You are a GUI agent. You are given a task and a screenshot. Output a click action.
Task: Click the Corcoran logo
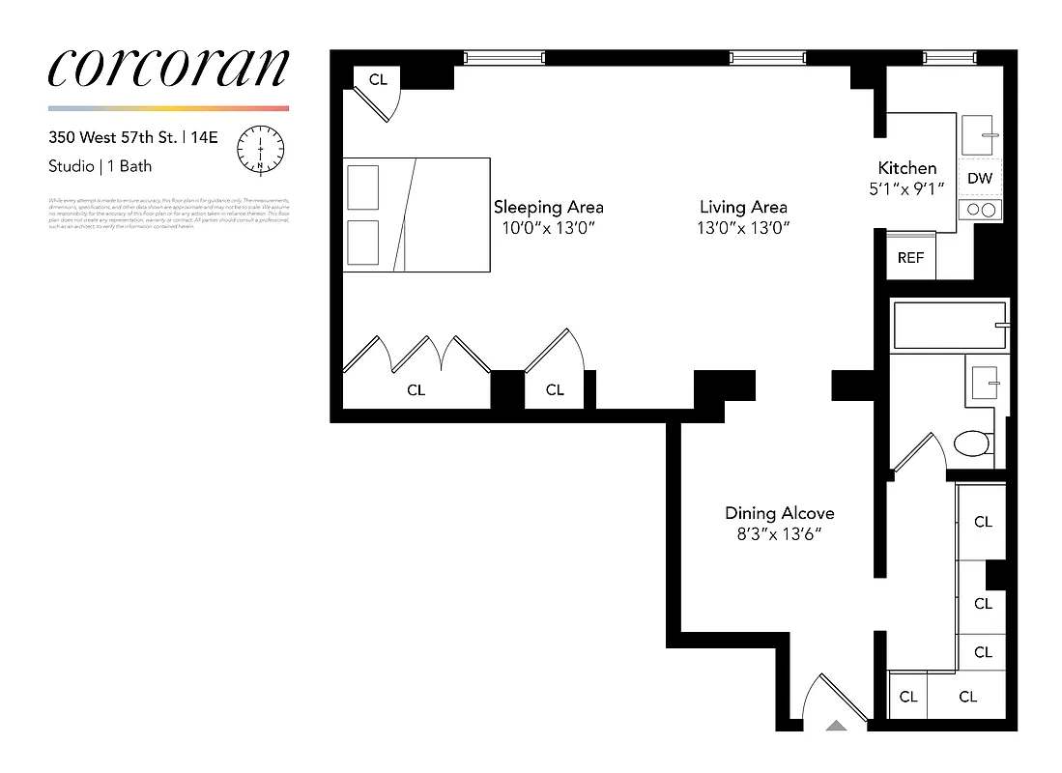coord(168,67)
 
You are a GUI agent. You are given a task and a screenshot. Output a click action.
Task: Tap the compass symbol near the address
coord(261,149)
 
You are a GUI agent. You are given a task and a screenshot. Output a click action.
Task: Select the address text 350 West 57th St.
coord(115,138)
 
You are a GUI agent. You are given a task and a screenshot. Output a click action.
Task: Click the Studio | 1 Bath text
coord(100,166)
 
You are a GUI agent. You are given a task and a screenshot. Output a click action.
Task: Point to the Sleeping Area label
coord(548,207)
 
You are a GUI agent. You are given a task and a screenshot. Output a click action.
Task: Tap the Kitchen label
coord(906,168)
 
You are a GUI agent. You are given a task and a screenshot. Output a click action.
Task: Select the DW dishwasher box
coord(980,178)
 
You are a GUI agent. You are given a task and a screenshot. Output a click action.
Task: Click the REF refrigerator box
coord(910,258)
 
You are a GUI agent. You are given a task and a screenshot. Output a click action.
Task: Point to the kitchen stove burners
coord(980,211)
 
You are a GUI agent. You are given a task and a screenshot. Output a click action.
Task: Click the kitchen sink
coord(981,136)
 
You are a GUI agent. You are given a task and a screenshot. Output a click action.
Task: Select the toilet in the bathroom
coord(971,444)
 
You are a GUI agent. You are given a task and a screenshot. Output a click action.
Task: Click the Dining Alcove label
coord(779,513)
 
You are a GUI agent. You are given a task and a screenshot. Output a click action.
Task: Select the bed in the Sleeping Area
coord(416,215)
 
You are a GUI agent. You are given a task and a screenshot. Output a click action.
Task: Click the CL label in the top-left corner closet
coord(378,79)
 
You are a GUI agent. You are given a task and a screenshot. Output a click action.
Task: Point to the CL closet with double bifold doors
coord(416,390)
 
